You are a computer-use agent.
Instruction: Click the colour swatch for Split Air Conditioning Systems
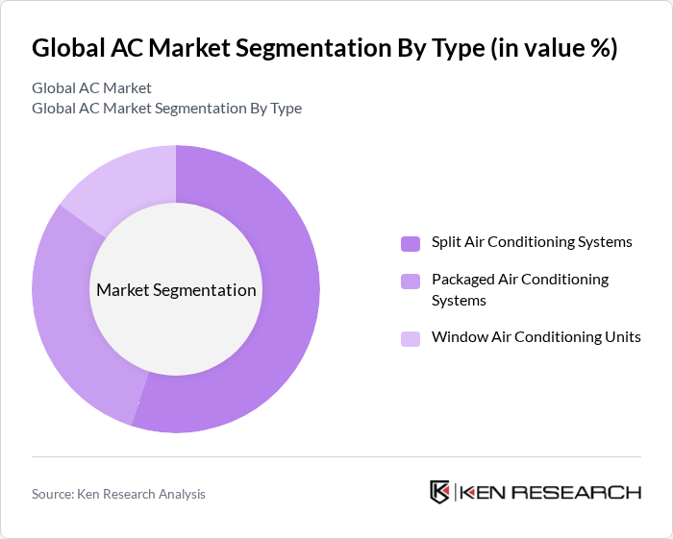pyautogui.click(x=410, y=243)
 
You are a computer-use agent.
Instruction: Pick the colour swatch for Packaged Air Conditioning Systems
pyautogui.click(x=410, y=281)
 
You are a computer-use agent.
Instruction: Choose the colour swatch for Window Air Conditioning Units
pyautogui.click(x=410, y=338)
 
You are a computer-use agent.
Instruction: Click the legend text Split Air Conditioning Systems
pyautogui.click(x=532, y=242)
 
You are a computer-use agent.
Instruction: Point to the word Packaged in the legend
pyautogui.click(x=464, y=280)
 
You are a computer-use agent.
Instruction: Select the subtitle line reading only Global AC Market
pyautogui.click(x=91, y=88)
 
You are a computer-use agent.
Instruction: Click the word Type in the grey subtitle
pyautogui.click(x=285, y=109)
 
